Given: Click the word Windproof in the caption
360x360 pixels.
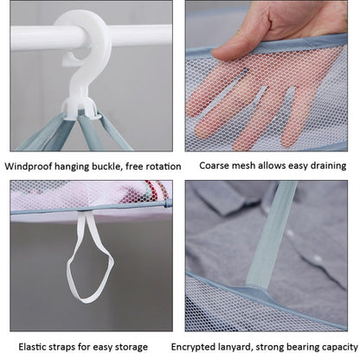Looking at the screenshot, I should click(35, 164).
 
